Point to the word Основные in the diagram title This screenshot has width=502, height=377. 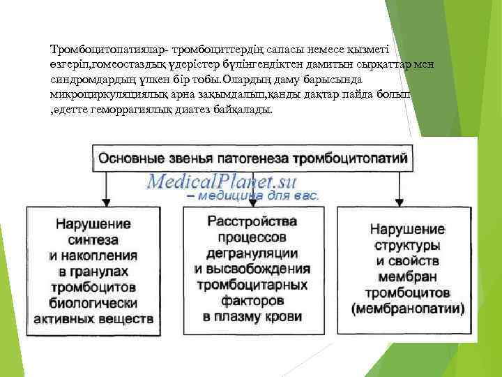[x=130, y=158]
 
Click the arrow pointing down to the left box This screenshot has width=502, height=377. [x=105, y=192]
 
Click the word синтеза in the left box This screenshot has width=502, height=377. [x=104, y=239]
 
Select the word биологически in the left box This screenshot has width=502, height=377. [x=104, y=304]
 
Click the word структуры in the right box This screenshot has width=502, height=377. [x=407, y=244]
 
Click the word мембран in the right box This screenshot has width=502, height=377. [x=407, y=276]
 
